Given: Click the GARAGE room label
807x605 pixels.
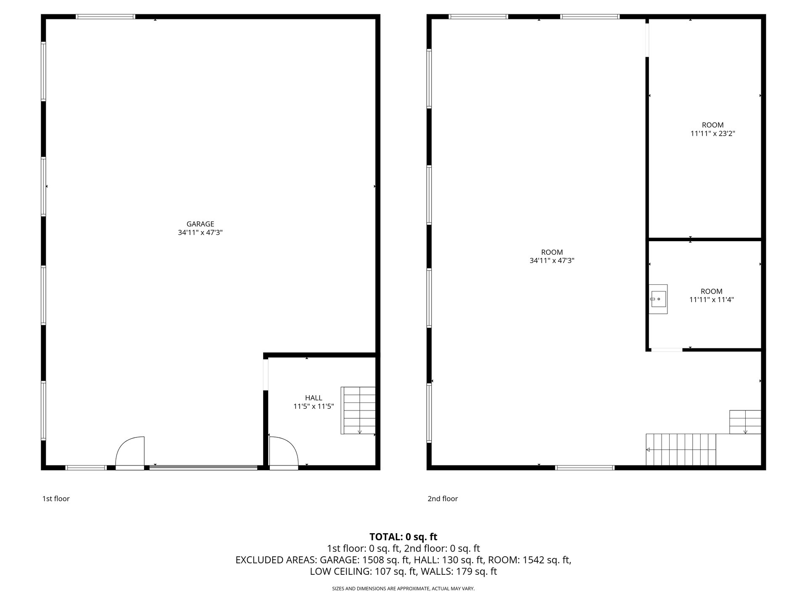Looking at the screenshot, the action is [200, 224].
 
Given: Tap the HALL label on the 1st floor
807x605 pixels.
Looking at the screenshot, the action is [314, 398].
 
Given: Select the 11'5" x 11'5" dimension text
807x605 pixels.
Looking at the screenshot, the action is [314, 407].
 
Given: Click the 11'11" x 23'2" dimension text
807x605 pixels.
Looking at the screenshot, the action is [713, 134].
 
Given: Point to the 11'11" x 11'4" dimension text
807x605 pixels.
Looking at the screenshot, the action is [712, 300].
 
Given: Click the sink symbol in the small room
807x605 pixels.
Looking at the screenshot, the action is [658, 299].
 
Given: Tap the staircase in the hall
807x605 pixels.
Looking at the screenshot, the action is [358, 410].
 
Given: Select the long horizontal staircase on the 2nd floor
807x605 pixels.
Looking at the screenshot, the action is [681, 450].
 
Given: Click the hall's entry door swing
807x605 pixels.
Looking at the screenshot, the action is [284, 451].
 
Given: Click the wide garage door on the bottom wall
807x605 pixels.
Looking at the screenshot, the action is [203, 467].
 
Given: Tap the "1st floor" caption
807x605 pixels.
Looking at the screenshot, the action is [56, 499].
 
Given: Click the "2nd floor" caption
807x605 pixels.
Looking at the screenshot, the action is [443, 499].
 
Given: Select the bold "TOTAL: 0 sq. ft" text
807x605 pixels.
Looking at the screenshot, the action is [403, 537].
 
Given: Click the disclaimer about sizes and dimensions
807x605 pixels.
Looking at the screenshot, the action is [403, 589].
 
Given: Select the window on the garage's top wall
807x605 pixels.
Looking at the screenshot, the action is [105, 17].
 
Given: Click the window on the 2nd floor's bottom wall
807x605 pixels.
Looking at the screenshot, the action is [585, 468].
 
